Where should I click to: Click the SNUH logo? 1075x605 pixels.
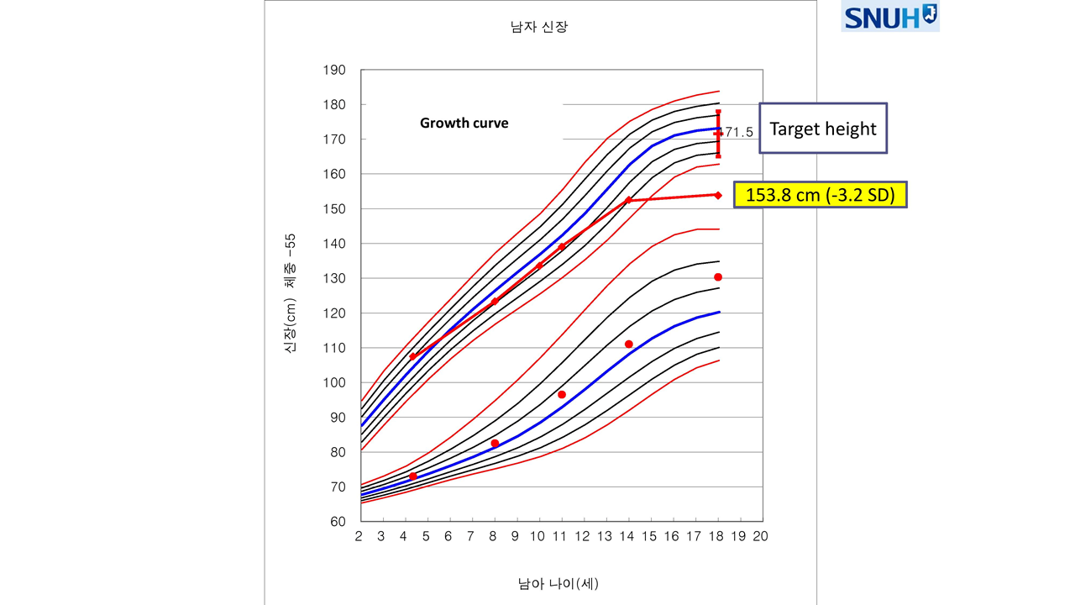[890, 17]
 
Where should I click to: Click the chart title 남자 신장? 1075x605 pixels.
[540, 27]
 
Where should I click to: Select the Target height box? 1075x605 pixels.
[822, 129]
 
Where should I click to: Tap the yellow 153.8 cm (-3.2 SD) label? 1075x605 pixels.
[820, 195]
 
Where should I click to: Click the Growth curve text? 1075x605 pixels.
[464, 123]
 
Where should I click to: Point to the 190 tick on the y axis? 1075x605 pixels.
[334, 70]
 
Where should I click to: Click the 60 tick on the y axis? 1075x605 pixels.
[338, 522]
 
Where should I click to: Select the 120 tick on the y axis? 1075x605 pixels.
[334, 313]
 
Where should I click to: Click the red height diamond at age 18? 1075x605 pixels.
[718, 195]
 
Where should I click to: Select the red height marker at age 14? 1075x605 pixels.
[628, 200]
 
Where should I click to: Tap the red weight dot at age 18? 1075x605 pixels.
[718, 277]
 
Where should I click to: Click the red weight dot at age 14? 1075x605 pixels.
[628, 345]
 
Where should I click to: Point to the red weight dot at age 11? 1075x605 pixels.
[561, 395]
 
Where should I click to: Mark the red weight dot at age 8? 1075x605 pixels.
[495, 444]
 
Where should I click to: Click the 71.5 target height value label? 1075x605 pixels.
[739, 133]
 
